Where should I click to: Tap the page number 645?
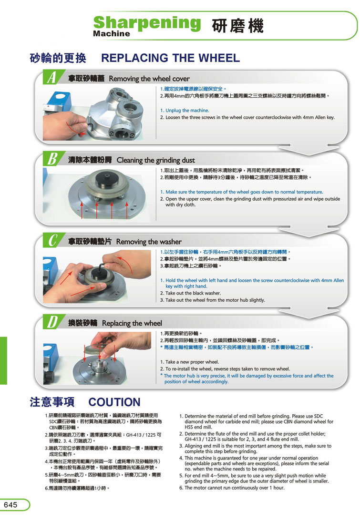coord(10,505)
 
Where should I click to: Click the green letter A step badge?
coord(51,77)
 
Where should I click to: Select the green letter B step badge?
coord(52,159)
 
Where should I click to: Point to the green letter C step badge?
coord(52,240)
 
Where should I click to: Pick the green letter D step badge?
coord(52,322)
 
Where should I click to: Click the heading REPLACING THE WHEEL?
coord(171,58)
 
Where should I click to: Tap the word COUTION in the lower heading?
coord(114,402)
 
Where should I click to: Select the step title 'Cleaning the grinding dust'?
coord(155,160)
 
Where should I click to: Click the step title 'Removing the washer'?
coord(149,242)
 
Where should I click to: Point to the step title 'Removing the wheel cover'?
coord(149,79)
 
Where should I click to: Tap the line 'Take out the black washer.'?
coord(193,293)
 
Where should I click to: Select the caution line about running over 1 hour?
coord(232,488)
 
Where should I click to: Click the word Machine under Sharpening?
coord(112,33)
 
